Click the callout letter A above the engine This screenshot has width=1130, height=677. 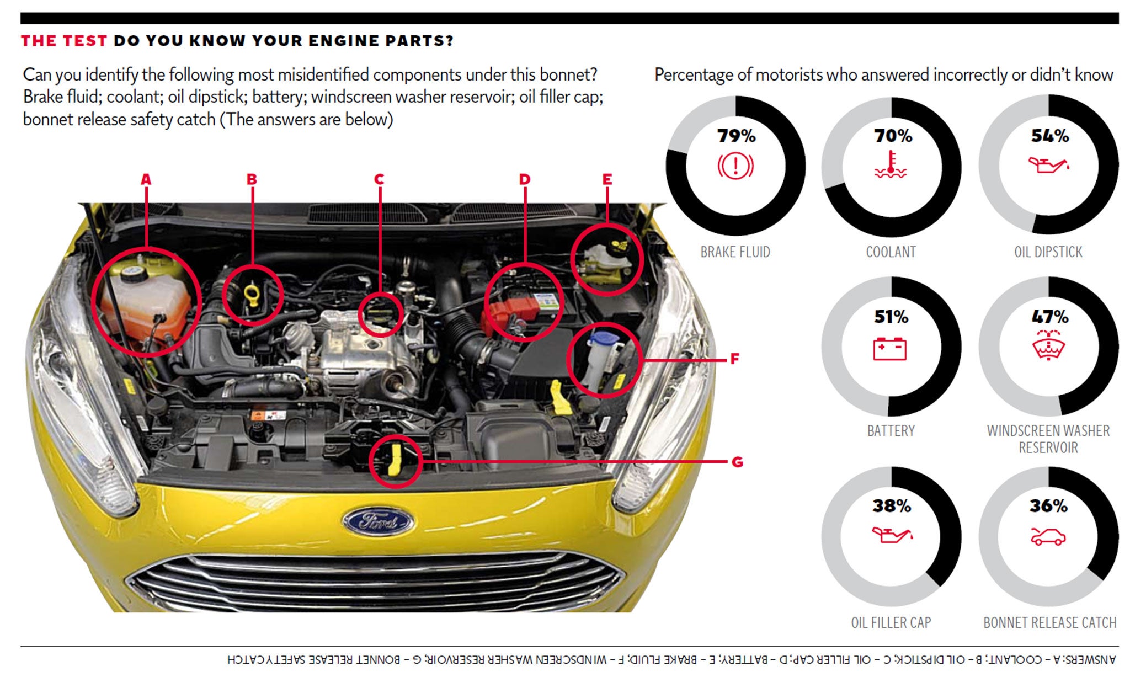[x=146, y=179]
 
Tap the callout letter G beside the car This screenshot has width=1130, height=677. [x=737, y=462]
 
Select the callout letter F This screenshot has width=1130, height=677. [x=734, y=359]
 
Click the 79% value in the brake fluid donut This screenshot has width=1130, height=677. [x=736, y=136]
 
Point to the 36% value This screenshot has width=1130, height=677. [x=1048, y=506]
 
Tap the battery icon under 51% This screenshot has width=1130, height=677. [x=890, y=349]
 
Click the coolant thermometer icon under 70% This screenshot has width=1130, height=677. [x=891, y=165]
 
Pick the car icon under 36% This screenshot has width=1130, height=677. [x=1048, y=537]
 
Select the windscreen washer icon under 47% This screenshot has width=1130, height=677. [x=1048, y=345]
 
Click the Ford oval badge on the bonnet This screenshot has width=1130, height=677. [x=378, y=521]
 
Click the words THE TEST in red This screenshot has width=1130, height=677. [x=64, y=41]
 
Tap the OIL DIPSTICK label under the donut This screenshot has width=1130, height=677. [x=1048, y=252]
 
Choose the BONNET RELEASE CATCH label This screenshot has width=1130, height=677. [x=1049, y=623]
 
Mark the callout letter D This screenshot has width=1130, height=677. [x=525, y=179]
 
